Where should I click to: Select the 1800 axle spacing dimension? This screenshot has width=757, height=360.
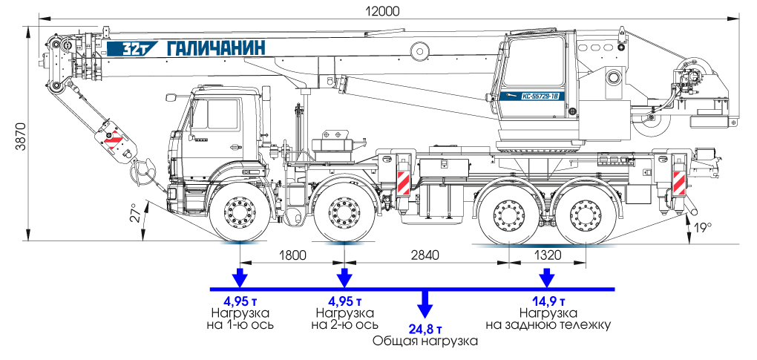click(x=292, y=255)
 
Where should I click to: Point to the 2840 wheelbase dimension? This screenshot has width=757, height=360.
click(x=426, y=255)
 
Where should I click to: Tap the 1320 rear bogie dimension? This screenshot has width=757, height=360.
click(x=547, y=255)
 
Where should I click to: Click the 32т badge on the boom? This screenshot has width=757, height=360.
click(x=124, y=49)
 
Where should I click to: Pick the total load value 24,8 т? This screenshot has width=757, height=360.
click(x=426, y=328)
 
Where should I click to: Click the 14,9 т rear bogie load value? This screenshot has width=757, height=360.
click(x=548, y=301)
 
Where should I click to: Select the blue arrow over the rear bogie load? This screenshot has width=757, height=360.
click(x=547, y=278)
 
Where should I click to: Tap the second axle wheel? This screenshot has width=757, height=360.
click(x=344, y=215)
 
